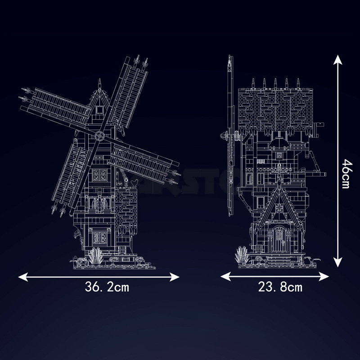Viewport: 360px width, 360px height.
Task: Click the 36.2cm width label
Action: [106, 287]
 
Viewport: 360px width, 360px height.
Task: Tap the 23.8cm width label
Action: [280, 287]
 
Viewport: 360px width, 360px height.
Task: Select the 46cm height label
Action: [345, 173]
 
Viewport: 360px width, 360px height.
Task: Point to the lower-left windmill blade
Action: [72, 175]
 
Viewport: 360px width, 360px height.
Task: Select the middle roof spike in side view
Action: [275, 82]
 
